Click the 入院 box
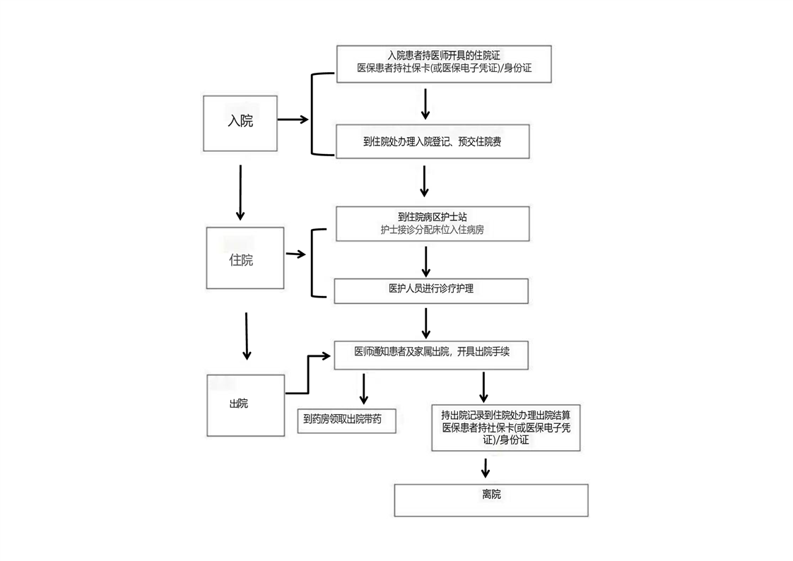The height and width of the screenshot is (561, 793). click(x=240, y=122)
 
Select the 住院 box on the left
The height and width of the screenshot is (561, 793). click(x=245, y=258)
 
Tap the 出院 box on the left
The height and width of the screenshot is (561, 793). click(x=246, y=405)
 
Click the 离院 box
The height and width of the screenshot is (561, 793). click(x=491, y=500)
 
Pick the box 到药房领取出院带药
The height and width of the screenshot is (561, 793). click(x=346, y=420)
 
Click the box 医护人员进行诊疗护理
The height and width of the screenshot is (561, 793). click(x=431, y=290)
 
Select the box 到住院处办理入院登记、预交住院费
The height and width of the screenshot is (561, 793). click(x=433, y=142)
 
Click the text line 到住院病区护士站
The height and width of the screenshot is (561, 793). click(x=432, y=217)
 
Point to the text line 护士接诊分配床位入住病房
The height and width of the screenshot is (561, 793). click(x=432, y=230)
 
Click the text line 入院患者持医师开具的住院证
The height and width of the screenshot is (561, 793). click(x=445, y=55)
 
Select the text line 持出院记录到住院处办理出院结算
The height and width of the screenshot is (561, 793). click(x=505, y=415)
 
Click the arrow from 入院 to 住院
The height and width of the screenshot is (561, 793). click(x=240, y=192)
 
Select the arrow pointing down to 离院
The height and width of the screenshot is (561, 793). click(x=485, y=468)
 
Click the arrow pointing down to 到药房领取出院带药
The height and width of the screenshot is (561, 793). click(x=364, y=389)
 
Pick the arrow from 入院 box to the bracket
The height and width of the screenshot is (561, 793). click(x=293, y=119)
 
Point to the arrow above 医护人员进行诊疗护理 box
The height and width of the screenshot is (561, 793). click(x=425, y=260)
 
